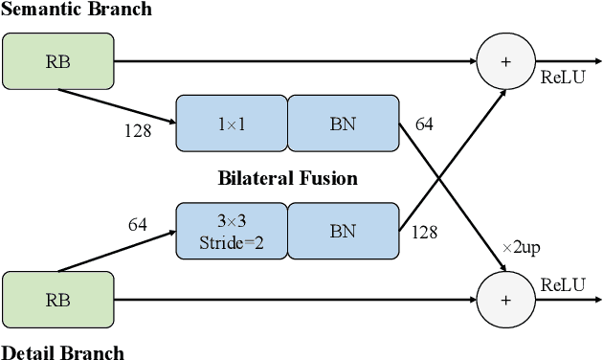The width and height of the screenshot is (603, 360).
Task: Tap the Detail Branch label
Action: pyautogui.click(x=62, y=351)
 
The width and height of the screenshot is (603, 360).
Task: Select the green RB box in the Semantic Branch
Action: pyautogui.click(x=57, y=60)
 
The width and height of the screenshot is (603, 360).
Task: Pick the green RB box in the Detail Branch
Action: pyautogui.click(x=57, y=299)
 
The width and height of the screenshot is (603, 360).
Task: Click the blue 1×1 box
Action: pyautogui.click(x=232, y=124)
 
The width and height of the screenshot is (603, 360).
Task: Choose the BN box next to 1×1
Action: pyautogui.click(x=343, y=124)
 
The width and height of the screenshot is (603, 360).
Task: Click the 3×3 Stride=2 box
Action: pyautogui.click(x=232, y=231)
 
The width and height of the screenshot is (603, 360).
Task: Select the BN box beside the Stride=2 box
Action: pyautogui.click(x=343, y=231)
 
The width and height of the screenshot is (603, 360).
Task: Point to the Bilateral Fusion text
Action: pyautogui.click(x=287, y=178)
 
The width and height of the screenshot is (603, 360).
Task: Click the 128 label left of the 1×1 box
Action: pyautogui.click(x=137, y=131)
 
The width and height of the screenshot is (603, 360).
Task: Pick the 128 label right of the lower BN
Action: pyautogui.click(x=425, y=232)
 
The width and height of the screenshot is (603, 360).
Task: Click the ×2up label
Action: pyautogui.click(x=522, y=248)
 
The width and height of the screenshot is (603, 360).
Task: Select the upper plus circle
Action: pyautogui.click(x=505, y=60)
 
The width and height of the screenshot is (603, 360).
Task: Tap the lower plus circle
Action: pyautogui.click(x=505, y=299)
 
